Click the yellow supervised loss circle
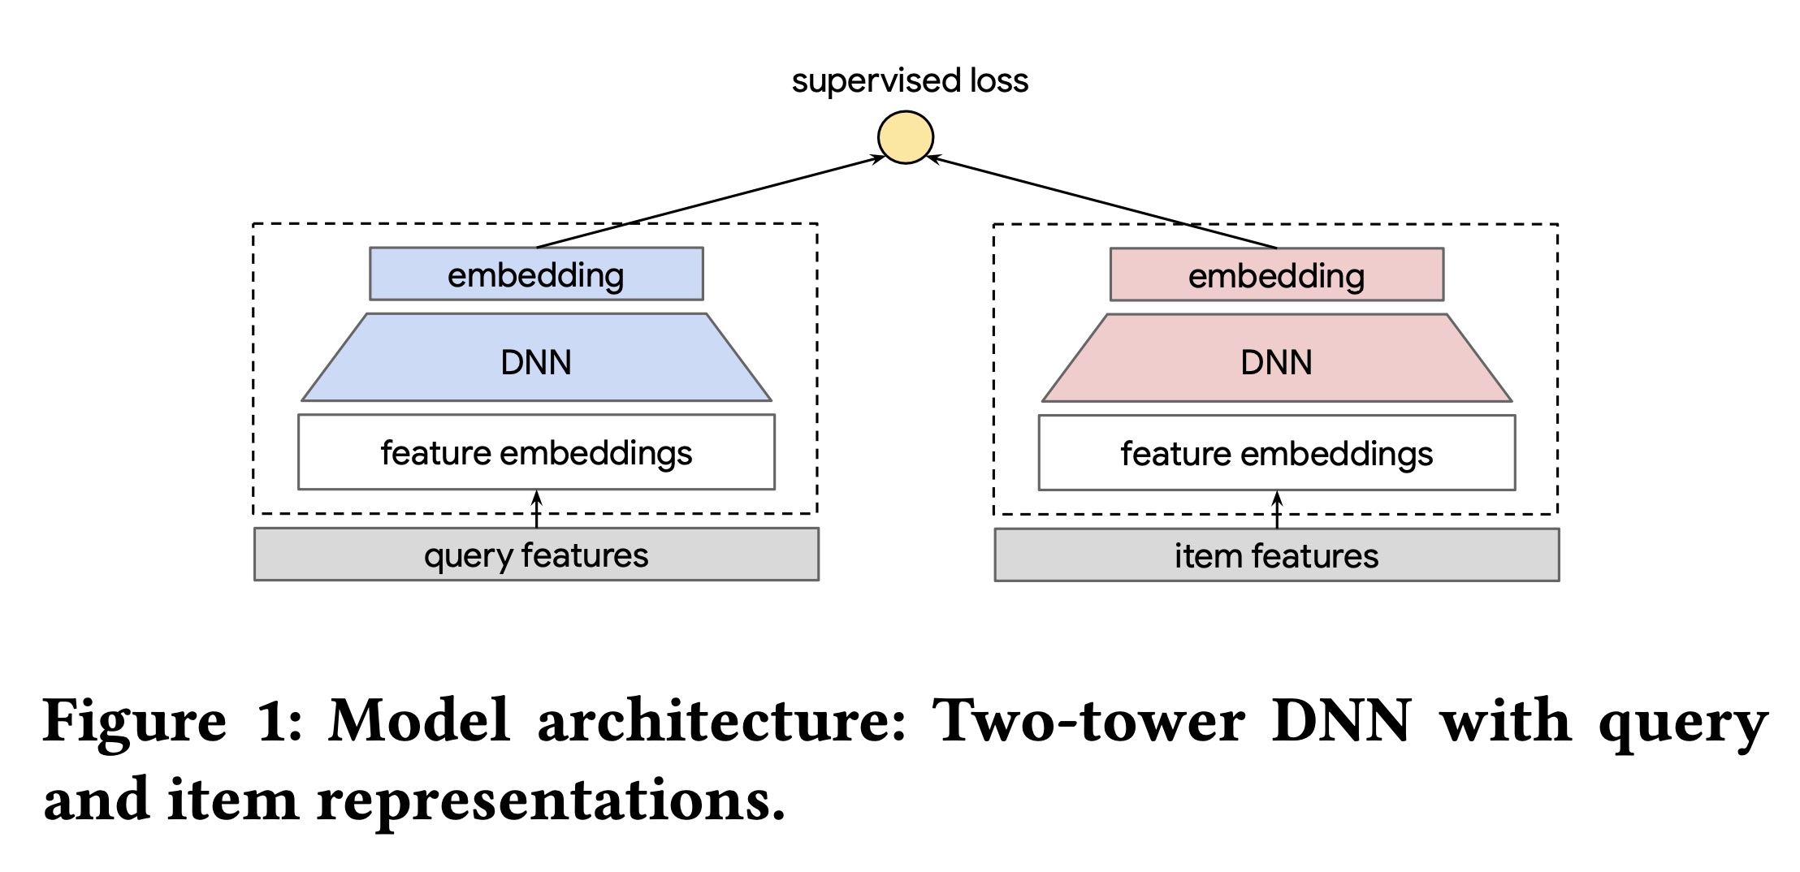click(906, 138)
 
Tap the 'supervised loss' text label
click(910, 81)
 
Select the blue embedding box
click(536, 274)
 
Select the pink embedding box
click(1276, 275)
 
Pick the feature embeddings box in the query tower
click(536, 452)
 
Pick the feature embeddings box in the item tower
click(1276, 453)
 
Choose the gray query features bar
click(536, 555)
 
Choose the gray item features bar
click(1276, 555)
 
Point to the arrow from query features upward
click(536, 510)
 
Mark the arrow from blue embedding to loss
click(711, 201)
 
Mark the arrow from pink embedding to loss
click(1102, 201)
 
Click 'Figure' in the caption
click(135, 721)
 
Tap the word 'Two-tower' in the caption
click(1088, 721)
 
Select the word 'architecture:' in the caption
click(721, 721)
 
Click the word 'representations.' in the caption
click(551, 801)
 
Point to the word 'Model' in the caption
click(419, 721)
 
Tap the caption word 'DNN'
click(1341, 721)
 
